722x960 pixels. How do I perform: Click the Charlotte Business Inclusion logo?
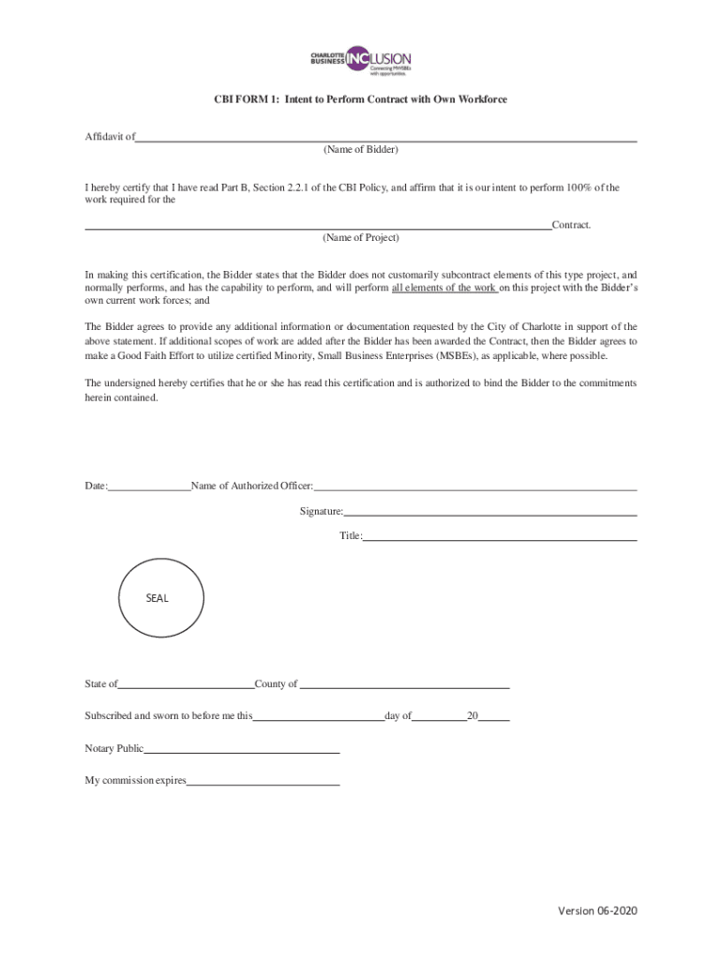361,60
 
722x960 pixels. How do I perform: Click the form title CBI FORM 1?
360,98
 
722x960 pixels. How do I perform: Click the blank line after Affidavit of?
385,139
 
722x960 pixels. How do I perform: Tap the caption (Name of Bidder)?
360,150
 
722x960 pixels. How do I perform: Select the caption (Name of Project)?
360,238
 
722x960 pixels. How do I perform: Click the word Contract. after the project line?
571,225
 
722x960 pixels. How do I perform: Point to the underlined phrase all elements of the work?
444,288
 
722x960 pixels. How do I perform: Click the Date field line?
149,488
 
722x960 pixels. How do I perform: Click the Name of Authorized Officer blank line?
475,488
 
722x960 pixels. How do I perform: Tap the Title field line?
499,539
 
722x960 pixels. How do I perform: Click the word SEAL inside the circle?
158,598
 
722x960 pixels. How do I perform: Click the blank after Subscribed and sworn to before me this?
318,719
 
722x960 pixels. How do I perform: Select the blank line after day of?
439,719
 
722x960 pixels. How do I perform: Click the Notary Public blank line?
241,752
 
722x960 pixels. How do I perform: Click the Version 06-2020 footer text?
598,911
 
